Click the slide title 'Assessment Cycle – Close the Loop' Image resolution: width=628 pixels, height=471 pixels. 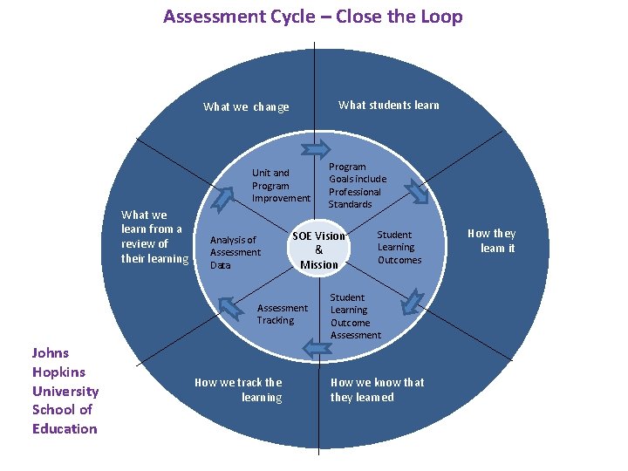pyautogui.click(x=313, y=17)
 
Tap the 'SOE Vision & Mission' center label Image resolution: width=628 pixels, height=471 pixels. pyautogui.click(x=318, y=250)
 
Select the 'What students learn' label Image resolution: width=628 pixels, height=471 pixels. pyautogui.click(x=388, y=106)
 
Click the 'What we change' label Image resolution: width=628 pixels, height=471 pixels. pyautogui.click(x=246, y=107)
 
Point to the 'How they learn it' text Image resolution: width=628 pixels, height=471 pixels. pyautogui.click(x=492, y=241)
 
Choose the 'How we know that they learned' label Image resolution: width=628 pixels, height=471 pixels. pyautogui.click(x=377, y=390)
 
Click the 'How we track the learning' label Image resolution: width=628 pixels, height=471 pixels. pyautogui.click(x=238, y=390)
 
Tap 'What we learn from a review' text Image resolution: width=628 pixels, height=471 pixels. pyautogui.click(x=154, y=236)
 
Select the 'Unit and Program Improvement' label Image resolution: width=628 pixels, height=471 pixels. pyautogui.click(x=280, y=186)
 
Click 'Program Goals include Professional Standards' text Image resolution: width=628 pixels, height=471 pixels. pyautogui.click(x=357, y=185)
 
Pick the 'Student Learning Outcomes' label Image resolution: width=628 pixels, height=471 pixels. pyautogui.click(x=399, y=247)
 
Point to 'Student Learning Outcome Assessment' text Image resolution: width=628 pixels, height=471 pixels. pyautogui.click(x=355, y=316)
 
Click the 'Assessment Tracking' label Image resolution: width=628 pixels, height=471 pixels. pyautogui.click(x=282, y=314)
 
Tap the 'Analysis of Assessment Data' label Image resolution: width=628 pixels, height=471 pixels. pyautogui.click(x=235, y=252)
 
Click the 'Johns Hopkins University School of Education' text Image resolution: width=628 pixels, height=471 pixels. pyautogui.click(x=65, y=391)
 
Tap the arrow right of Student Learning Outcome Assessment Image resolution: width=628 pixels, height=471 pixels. pyautogui.click(x=407, y=304)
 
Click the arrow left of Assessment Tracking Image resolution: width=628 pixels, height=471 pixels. pyautogui.click(x=229, y=306)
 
